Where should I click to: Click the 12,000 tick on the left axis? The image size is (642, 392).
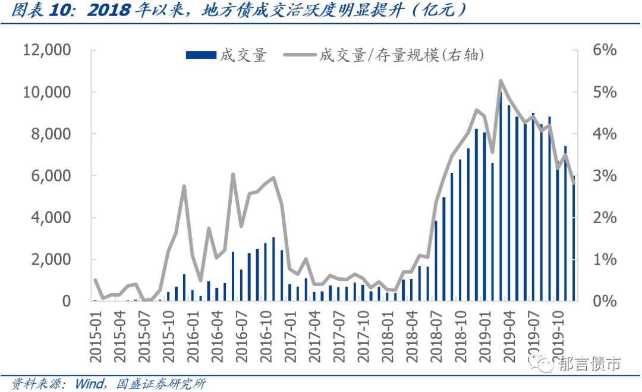click(48, 51)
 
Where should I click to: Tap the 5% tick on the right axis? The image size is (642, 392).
click(604, 92)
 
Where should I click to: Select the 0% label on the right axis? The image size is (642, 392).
click(604, 301)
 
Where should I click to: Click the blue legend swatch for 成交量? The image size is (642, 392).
click(200, 55)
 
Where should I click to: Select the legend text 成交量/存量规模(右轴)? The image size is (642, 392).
click(402, 55)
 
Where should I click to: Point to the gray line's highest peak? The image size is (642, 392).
click(500, 80)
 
